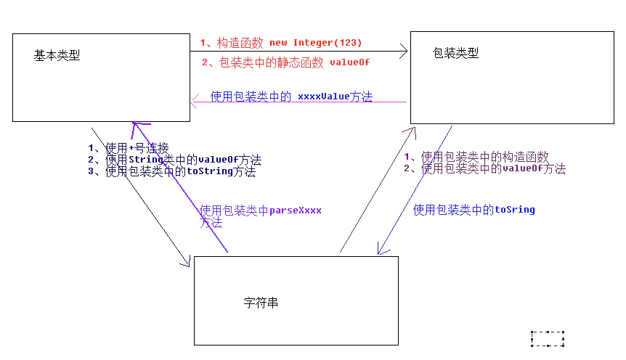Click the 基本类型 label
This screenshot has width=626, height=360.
57,56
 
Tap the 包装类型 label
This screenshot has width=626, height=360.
455,54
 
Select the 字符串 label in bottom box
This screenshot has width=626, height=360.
261,303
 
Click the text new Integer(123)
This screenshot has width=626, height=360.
315,43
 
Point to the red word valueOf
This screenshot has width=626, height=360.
349,62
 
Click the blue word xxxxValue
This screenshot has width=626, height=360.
323,96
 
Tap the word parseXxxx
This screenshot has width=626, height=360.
296,210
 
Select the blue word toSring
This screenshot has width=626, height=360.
515,210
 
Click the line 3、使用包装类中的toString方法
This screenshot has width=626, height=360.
171,172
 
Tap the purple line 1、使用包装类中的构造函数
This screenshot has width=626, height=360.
476,157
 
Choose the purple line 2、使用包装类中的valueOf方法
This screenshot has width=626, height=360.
484,168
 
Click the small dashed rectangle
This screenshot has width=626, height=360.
548,338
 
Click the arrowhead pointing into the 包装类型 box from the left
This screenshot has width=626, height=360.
404,52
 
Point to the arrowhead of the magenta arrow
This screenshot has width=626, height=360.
194,102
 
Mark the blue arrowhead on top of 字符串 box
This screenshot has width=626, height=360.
378,251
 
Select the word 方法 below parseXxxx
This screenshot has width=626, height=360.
211,224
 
